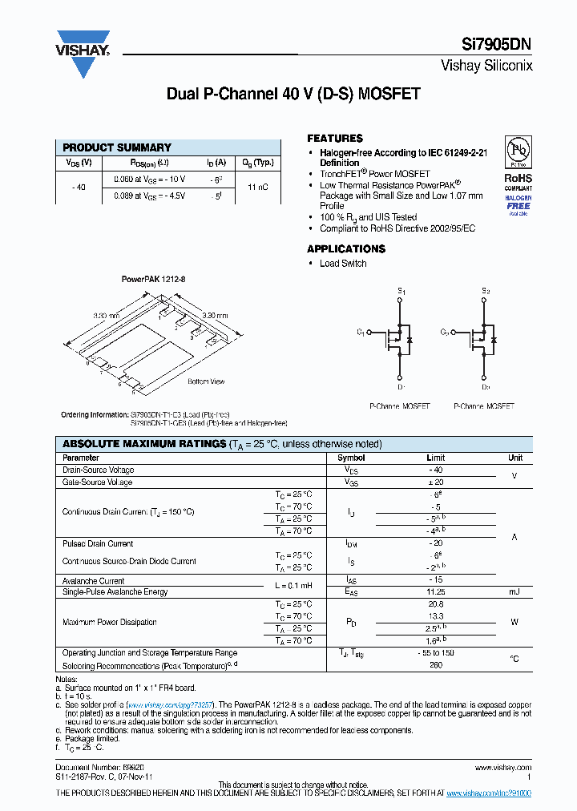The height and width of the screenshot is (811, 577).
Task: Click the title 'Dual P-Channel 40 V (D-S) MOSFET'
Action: point(293,94)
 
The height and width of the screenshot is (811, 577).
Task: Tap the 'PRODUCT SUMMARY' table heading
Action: point(117,147)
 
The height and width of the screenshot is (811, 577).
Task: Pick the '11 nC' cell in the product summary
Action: point(257,187)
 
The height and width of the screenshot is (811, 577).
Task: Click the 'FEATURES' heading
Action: point(334,138)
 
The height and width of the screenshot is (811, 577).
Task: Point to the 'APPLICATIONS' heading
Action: point(346,249)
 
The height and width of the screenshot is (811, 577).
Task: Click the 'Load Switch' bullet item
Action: point(343,264)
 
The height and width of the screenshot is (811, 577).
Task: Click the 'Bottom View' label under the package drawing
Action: point(206,381)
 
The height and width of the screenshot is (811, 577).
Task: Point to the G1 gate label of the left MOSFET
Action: point(361,332)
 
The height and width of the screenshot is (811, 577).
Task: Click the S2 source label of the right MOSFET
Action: point(486,291)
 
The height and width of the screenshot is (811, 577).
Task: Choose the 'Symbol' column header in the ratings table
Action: point(351,458)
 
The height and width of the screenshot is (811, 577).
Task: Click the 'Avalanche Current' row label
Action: point(93,581)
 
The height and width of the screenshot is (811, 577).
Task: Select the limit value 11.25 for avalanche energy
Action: point(436,592)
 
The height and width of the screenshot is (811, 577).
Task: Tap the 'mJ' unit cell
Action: point(514,592)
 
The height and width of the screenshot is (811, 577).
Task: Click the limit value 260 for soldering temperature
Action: point(436,665)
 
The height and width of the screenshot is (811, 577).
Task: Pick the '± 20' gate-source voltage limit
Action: point(436,482)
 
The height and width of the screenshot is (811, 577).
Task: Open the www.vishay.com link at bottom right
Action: point(508,768)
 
